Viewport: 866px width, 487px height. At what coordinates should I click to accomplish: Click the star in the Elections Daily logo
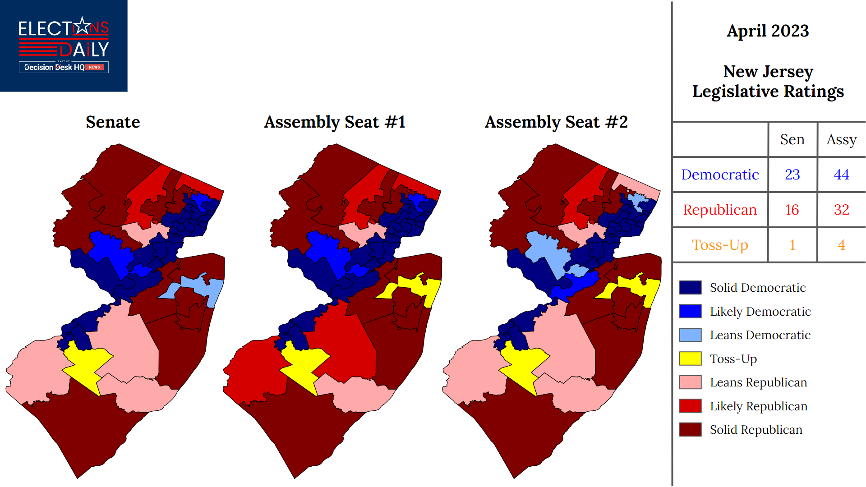point(82,27)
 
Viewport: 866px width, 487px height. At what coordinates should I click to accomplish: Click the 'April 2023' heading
point(768,31)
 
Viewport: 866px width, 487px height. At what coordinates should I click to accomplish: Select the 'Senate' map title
point(113,122)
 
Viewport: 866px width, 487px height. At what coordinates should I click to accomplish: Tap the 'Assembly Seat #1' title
point(335,122)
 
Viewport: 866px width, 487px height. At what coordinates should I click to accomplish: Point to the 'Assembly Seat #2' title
point(556,122)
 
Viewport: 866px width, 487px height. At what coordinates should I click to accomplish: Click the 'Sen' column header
point(792,139)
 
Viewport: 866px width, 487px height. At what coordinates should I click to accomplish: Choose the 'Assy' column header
point(841,139)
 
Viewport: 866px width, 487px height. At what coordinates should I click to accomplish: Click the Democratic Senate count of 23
point(792,175)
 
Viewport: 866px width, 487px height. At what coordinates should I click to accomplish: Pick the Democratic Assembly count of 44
point(841,175)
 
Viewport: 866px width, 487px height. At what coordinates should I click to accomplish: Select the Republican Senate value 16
point(792,210)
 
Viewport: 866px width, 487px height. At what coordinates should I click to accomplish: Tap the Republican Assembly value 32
point(841,210)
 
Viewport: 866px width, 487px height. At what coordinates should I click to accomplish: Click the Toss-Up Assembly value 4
point(841,245)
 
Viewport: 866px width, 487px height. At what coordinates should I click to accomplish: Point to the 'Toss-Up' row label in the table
point(720,245)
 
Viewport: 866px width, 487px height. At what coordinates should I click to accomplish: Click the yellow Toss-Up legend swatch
point(690,358)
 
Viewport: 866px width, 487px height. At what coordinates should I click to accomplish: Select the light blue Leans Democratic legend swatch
point(690,335)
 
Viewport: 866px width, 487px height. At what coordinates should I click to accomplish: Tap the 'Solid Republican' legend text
point(756,430)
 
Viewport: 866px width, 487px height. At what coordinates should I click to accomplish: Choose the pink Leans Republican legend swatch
point(690,382)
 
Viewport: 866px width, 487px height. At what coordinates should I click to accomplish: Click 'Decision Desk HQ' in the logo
point(54,67)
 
